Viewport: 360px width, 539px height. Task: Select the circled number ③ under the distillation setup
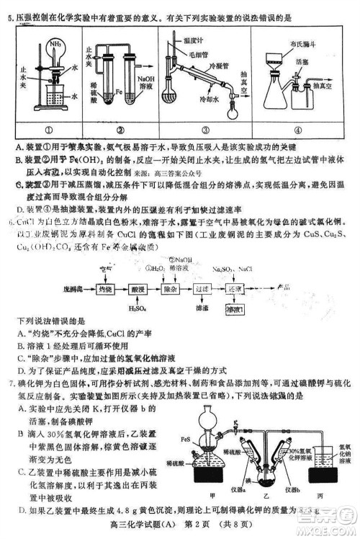(204, 131)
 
